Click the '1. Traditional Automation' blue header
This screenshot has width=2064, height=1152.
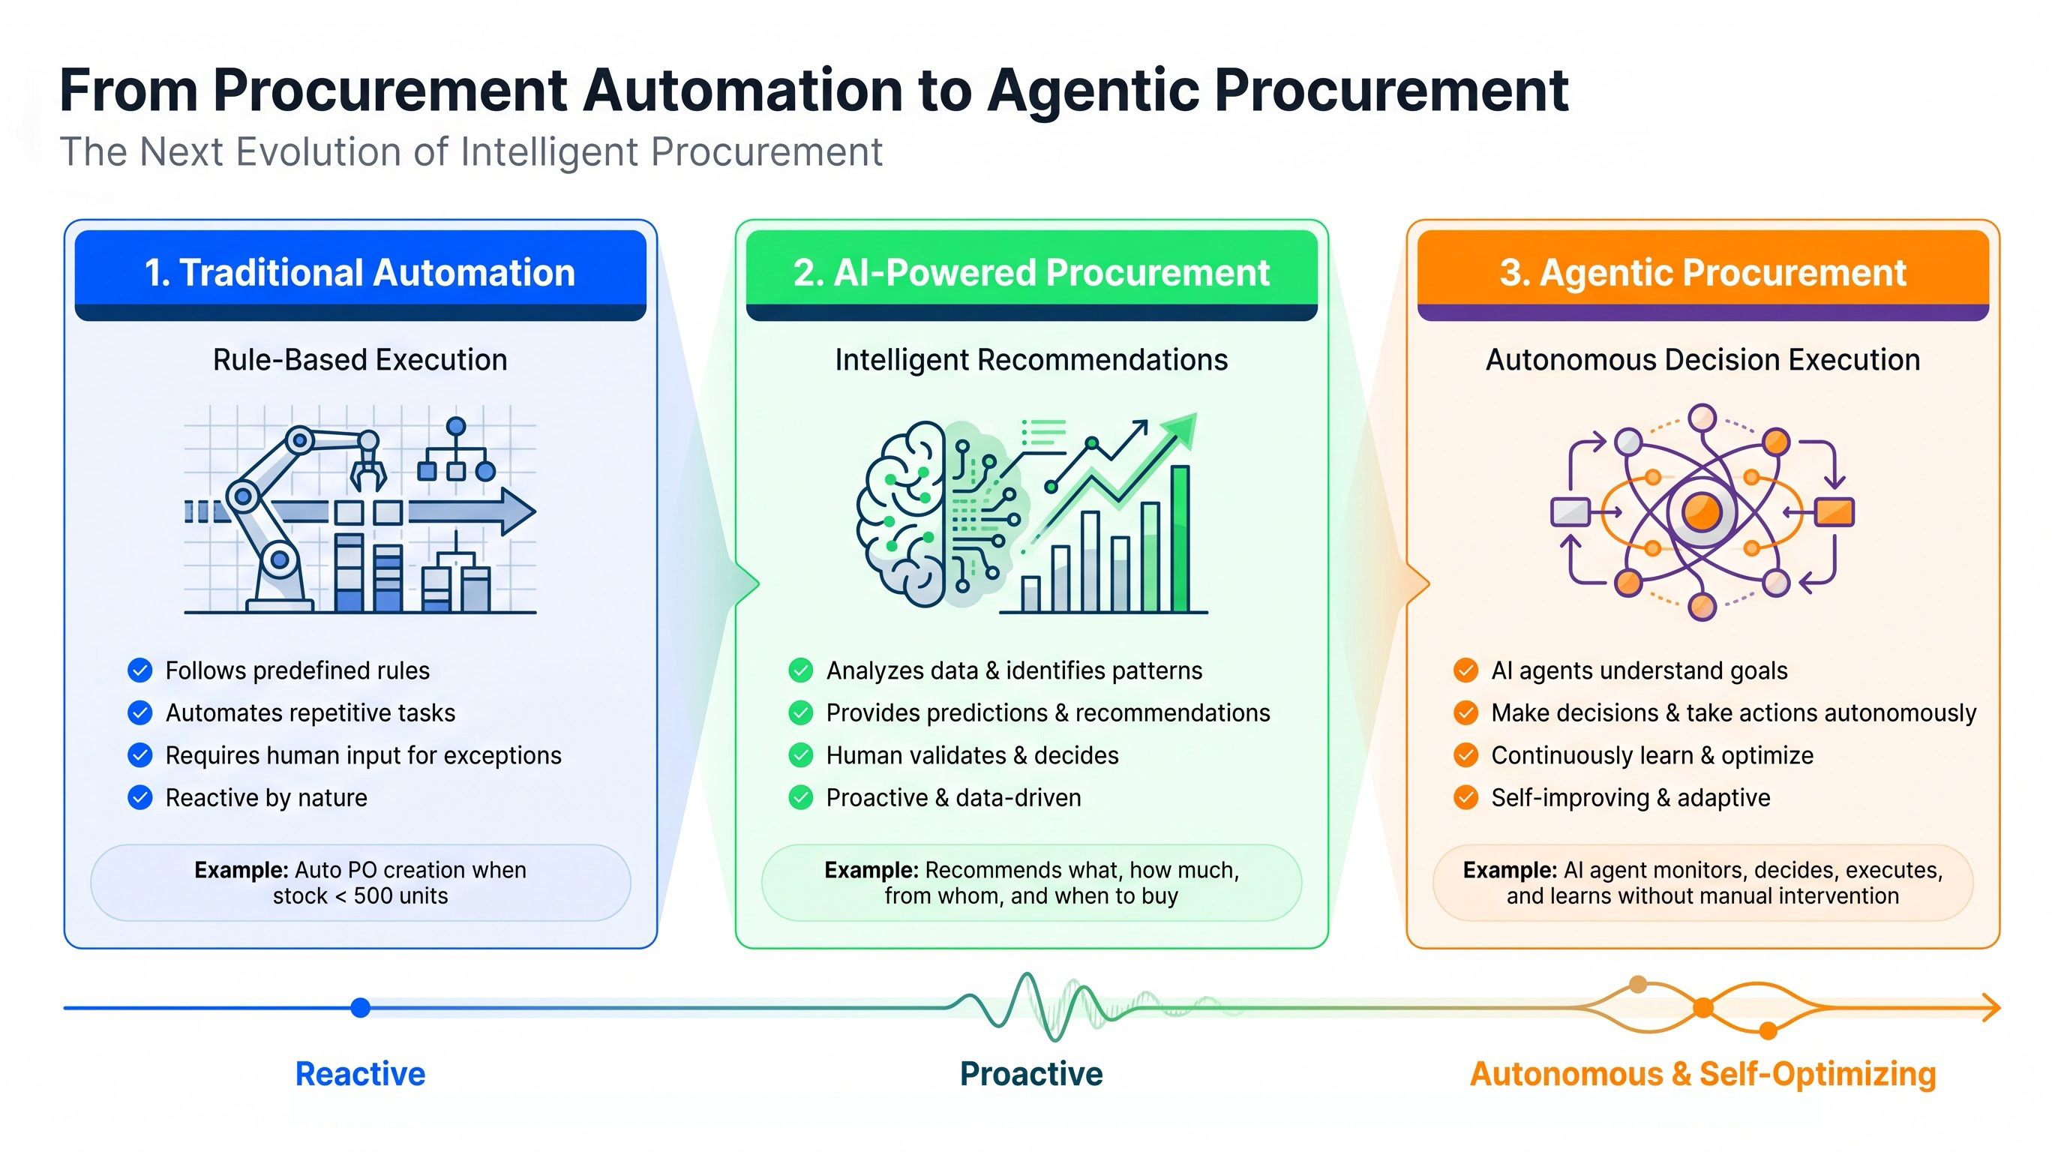tap(361, 274)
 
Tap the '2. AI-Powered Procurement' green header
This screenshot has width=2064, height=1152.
tap(1031, 274)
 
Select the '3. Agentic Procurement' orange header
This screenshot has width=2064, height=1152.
tap(1702, 274)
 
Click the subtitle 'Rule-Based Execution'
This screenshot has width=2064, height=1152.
tap(360, 360)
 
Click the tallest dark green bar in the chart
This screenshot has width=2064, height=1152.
tap(1180, 538)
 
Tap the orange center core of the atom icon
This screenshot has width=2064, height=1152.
tap(1702, 511)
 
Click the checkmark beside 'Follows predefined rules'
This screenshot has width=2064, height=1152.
tap(140, 670)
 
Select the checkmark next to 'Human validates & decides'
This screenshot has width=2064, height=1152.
tap(800, 755)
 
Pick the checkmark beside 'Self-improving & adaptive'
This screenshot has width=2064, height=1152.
tap(1465, 798)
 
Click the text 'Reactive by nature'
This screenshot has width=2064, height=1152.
tap(266, 798)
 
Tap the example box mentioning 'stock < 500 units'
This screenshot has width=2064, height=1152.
tap(361, 883)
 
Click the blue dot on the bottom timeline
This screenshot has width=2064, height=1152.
tap(361, 1008)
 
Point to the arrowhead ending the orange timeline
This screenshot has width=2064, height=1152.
tap(1993, 1008)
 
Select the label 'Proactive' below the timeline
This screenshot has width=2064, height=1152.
tap(1031, 1074)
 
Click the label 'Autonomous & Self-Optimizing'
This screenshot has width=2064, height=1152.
tap(1702, 1074)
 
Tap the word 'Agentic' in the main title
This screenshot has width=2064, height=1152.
tap(1093, 91)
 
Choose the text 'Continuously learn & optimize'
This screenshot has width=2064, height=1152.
tap(1652, 755)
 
